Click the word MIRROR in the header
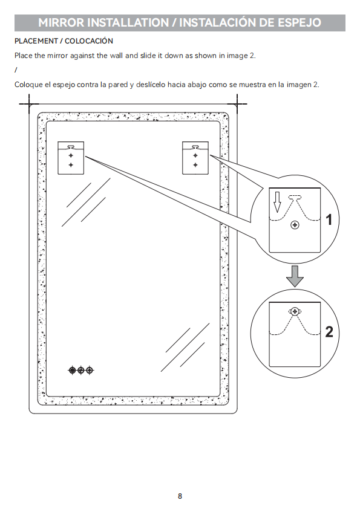[61, 22]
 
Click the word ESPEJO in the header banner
[299, 22]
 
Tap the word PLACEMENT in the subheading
[36, 41]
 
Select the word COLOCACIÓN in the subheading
[89, 41]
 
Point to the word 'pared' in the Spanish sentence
[118, 85]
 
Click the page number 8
[180, 496]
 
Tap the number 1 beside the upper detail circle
[329, 219]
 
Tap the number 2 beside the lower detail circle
[329, 332]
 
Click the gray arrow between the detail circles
[295, 276]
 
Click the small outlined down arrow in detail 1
[277, 202]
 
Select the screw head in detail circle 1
[295, 225]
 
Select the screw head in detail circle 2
[295, 312]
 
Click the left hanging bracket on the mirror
[71, 158]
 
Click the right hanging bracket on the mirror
[195, 158]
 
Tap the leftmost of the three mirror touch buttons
[72, 370]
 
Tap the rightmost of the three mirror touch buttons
[90, 370]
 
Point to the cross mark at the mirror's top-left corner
[29, 104]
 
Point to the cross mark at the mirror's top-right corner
[237, 104]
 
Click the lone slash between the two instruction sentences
[16, 70]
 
